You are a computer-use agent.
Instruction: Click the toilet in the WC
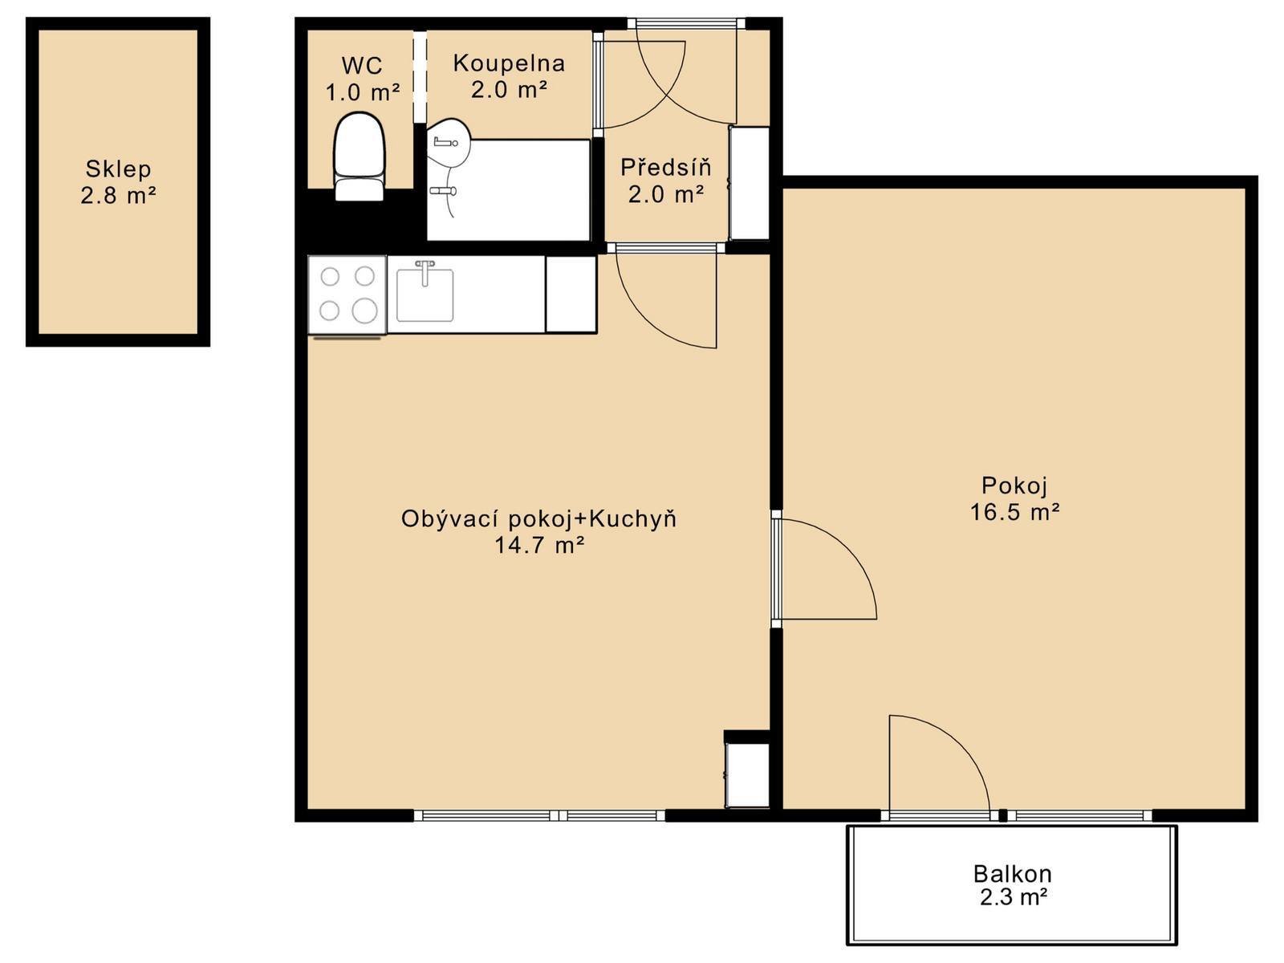[359, 156]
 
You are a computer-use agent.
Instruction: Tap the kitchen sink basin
[425, 295]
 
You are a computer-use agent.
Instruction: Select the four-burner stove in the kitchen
[347, 295]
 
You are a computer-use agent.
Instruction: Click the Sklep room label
[118, 169]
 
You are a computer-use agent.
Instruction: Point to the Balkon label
[1012, 874]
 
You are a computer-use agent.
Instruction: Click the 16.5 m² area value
[1014, 512]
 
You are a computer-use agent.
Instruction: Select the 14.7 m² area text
[539, 546]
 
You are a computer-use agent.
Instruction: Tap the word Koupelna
[509, 63]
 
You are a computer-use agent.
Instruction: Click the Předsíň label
[666, 167]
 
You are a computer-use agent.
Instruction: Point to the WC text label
[362, 66]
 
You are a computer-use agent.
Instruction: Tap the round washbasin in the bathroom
[449, 144]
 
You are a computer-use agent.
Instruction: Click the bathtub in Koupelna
[508, 189]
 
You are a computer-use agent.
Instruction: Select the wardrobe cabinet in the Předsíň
[750, 183]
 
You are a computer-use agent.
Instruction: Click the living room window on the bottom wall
[539, 815]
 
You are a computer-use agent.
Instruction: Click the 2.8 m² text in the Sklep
[118, 195]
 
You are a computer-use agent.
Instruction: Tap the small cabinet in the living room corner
[747, 774]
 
